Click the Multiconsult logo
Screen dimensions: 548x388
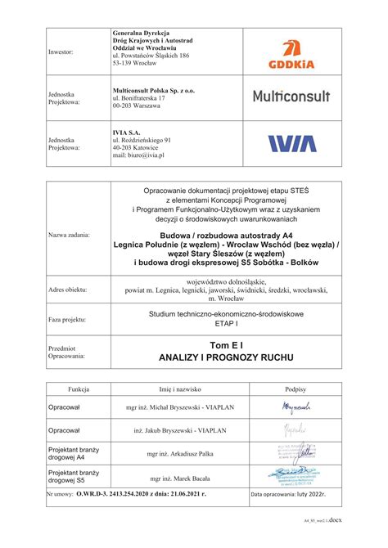click(x=291, y=97)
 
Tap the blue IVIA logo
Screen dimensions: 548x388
click(x=291, y=144)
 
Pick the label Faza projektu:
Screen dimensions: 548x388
click(x=67, y=319)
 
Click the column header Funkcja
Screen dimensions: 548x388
click(x=84, y=390)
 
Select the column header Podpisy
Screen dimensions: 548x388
click(x=296, y=390)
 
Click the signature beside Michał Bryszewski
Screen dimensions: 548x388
click(x=296, y=407)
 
